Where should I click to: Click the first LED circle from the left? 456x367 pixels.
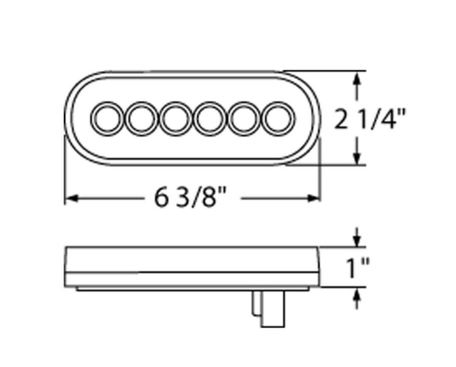click(x=109, y=118)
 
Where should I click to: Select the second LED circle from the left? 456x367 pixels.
click(x=141, y=118)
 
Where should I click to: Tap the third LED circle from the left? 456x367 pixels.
click(x=175, y=118)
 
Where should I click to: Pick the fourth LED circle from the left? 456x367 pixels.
click(x=209, y=118)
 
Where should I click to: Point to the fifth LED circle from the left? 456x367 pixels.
click(x=243, y=118)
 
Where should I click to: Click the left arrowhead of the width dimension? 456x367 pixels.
click(x=70, y=196)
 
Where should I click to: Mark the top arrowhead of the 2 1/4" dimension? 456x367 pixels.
click(x=356, y=79)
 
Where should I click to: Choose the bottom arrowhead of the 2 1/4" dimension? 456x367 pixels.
click(x=356, y=159)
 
